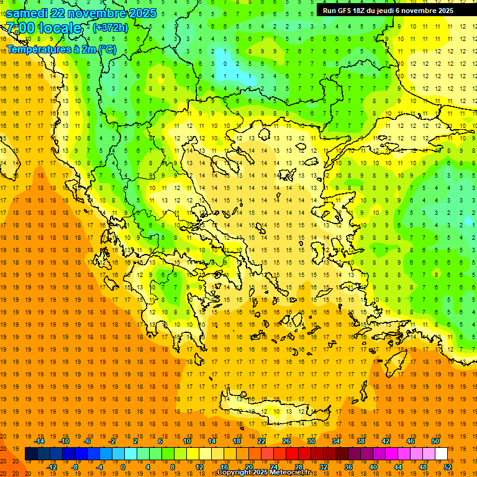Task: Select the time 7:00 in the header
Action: click(x=20, y=28)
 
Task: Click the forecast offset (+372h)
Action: click(x=110, y=28)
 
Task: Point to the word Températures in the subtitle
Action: click(x=37, y=49)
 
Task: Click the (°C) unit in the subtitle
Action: click(x=106, y=49)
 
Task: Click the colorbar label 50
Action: click(x=435, y=441)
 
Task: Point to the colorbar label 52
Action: click(x=448, y=467)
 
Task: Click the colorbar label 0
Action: click(x=123, y=467)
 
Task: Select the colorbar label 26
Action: click(x=286, y=441)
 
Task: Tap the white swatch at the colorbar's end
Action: click(x=441, y=454)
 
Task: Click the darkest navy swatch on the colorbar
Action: click(x=31, y=454)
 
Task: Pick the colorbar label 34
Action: click(x=335, y=441)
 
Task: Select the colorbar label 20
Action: click(x=248, y=467)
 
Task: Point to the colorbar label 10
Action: click(x=186, y=441)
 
